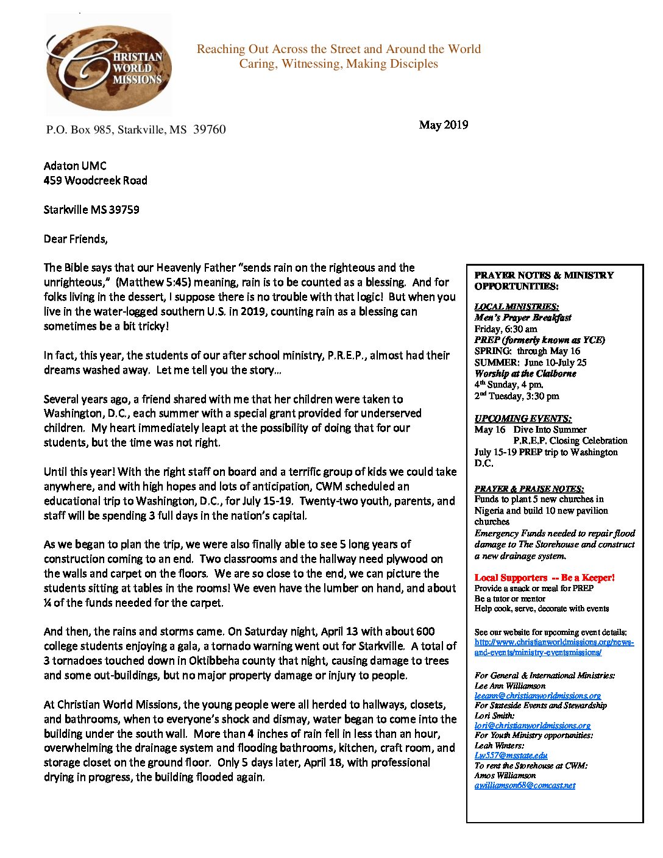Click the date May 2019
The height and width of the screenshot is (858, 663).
pyautogui.click(x=443, y=125)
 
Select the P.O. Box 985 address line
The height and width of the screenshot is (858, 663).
pyautogui.click(x=136, y=130)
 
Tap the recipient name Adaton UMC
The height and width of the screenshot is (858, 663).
pyautogui.click(x=75, y=166)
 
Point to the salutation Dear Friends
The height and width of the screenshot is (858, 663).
pyautogui.click(x=76, y=239)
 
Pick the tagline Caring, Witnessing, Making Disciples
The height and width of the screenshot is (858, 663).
pyautogui.click(x=338, y=64)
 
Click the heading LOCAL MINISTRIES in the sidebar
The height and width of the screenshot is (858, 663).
pyautogui.click(x=516, y=307)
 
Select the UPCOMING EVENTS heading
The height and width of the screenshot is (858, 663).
pyautogui.click(x=523, y=419)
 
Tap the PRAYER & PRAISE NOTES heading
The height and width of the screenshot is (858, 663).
pyautogui.click(x=529, y=489)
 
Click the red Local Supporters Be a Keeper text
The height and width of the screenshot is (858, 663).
pyautogui.click(x=544, y=578)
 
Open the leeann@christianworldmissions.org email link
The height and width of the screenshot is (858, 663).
pyautogui.click(x=537, y=695)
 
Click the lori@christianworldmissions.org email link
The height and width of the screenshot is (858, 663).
pyautogui.click(x=532, y=725)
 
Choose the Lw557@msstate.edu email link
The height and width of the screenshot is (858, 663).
pyautogui.click(x=511, y=756)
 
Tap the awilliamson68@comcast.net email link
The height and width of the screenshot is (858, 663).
pyautogui.click(x=525, y=785)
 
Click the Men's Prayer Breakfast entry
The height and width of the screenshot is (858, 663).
pyautogui.click(x=523, y=317)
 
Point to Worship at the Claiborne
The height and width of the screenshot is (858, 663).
pyautogui.click(x=525, y=374)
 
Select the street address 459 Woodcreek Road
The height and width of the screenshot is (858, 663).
pyautogui.click(x=95, y=180)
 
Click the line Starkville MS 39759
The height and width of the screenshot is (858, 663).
pyautogui.click(x=91, y=210)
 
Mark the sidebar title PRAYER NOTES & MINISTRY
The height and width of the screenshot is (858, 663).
pyautogui.click(x=544, y=275)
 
